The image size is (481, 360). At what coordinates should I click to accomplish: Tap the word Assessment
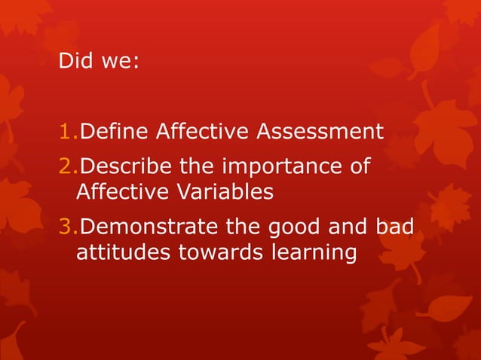[x=320, y=133]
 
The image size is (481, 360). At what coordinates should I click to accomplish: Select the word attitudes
[x=124, y=253]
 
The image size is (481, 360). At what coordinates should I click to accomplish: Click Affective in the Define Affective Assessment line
[x=204, y=133]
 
